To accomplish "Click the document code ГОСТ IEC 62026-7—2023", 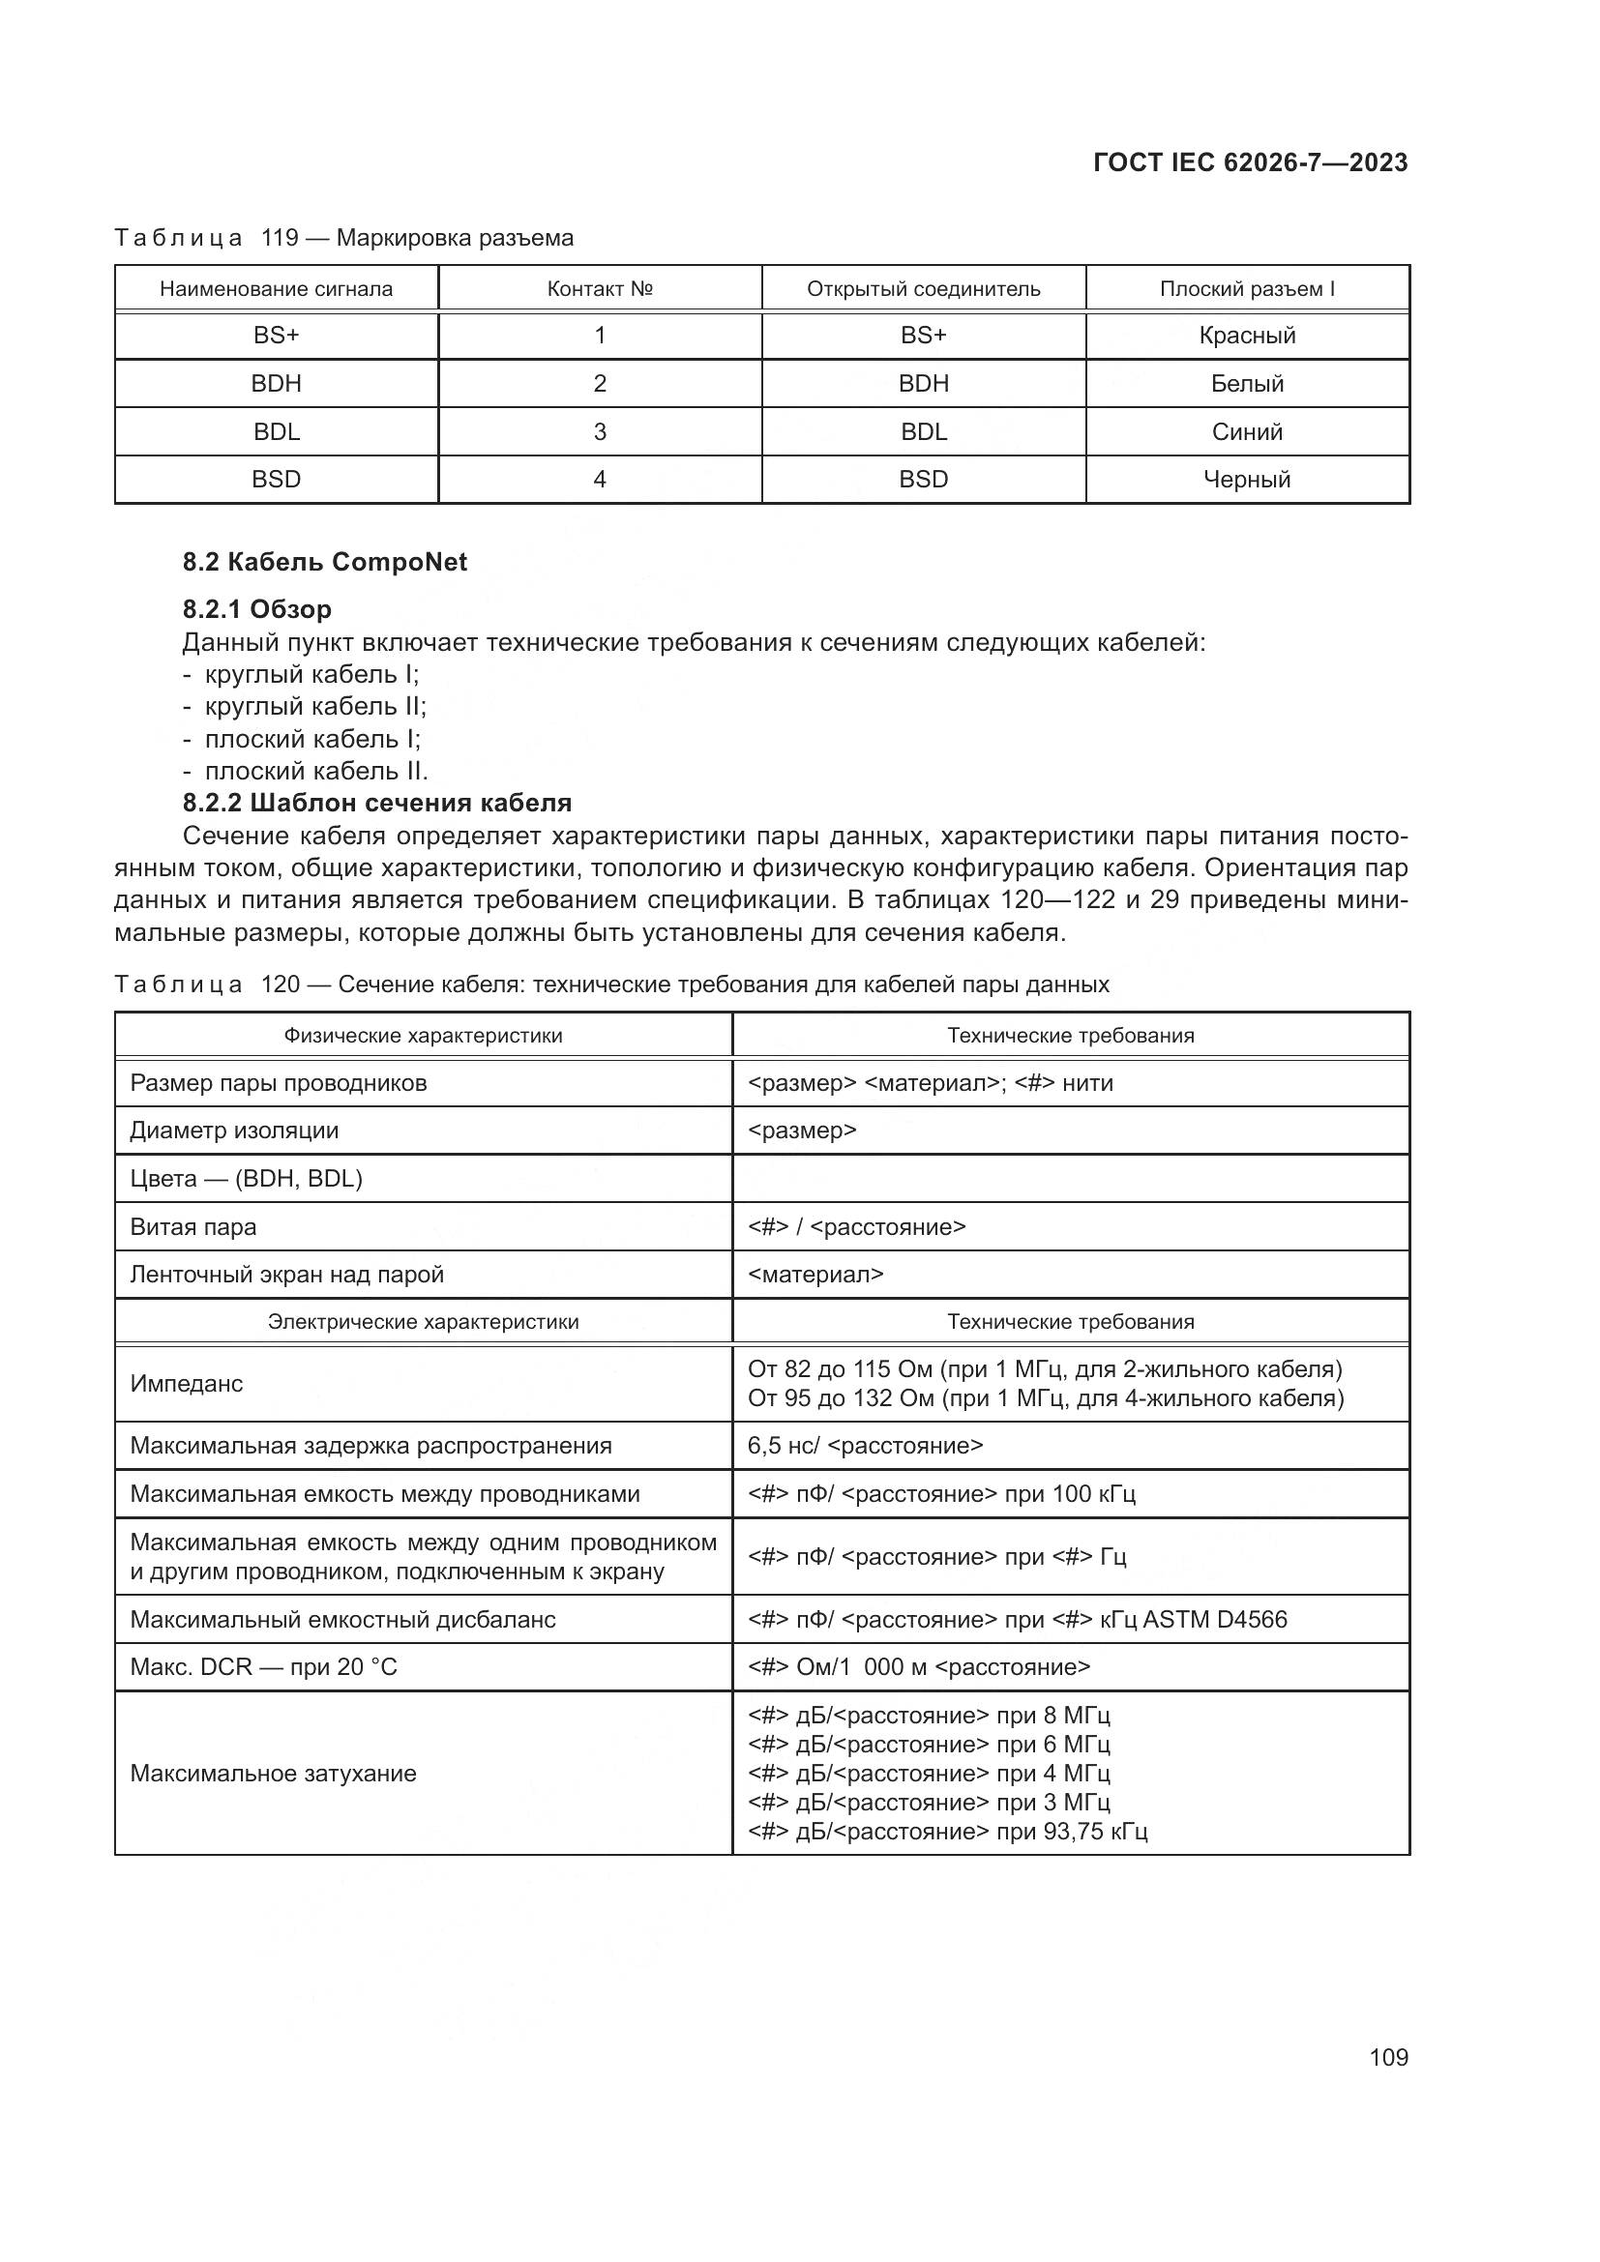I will [x=1249, y=162].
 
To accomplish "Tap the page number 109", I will [x=1388, y=2057].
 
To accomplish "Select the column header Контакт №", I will [x=599, y=288].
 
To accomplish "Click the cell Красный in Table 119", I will [x=1246, y=335].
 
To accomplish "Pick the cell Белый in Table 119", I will [x=1246, y=383].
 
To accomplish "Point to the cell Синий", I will [x=1246, y=431].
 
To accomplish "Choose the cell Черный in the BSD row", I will [x=1246, y=480].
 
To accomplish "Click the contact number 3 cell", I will [x=599, y=431].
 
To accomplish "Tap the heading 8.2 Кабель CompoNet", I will [x=324, y=562].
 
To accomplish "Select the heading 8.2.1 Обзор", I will [x=257, y=609].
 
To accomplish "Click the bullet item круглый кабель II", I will [x=315, y=706].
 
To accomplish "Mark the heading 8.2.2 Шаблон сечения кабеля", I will [x=377, y=803].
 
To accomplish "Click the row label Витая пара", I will [x=193, y=1226].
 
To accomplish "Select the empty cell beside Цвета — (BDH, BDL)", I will [x=1070, y=1178].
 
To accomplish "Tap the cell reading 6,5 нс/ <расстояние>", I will [x=865, y=1445].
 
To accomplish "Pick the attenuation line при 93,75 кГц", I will [x=948, y=1831].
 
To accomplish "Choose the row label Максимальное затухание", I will [x=273, y=1774].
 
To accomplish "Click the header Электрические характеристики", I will [x=423, y=1322].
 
